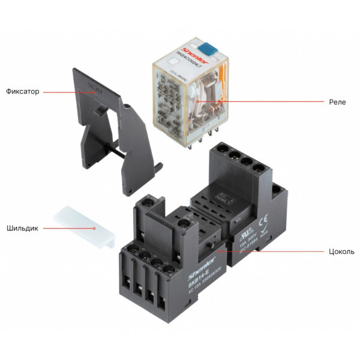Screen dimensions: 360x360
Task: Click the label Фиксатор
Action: point(22,92)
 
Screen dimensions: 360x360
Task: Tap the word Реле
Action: point(337,101)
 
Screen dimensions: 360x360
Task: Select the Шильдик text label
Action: point(22,228)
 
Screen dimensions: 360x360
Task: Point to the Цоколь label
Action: point(341,251)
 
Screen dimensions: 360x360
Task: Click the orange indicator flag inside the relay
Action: point(221,79)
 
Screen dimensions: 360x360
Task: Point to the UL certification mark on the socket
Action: point(245,230)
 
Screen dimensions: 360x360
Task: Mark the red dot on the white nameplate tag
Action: point(94,228)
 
